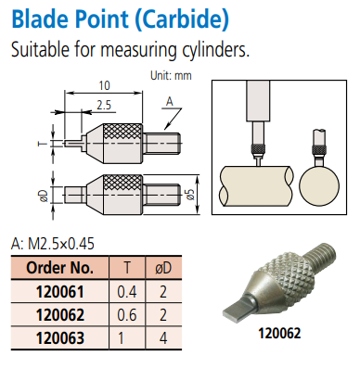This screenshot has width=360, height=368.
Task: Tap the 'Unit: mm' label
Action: pyautogui.click(x=171, y=76)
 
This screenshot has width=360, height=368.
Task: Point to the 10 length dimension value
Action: pyautogui.click(x=104, y=85)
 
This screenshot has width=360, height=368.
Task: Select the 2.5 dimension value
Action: pyautogui.click(x=104, y=106)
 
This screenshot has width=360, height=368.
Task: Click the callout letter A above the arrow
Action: pyautogui.click(x=170, y=102)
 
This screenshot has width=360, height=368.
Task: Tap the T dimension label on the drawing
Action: pyautogui.click(x=43, y=144)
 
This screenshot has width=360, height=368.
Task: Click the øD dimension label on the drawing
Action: pyautogui.click(x=45, y=196)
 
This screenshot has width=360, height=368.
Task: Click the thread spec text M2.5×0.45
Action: pyautogui.click(x=61, y=244)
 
